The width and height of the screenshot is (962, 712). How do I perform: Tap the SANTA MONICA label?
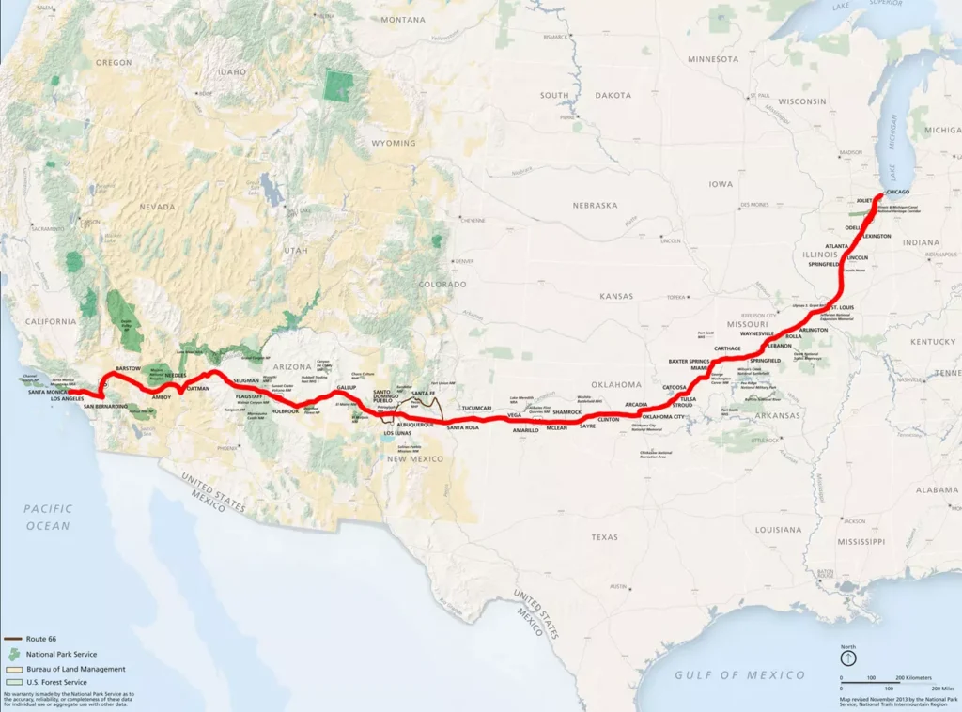pos(51,392)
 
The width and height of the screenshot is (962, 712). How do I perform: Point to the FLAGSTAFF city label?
pos(249,396)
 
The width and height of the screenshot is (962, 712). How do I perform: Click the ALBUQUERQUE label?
pos(414,425)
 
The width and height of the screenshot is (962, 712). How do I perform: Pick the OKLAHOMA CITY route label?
pos(663,416)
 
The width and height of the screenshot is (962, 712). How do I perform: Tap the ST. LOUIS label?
pos(841,306)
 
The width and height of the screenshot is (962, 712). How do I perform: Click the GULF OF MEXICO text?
pos(740,675)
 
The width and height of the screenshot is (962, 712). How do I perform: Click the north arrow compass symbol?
pos(847,660)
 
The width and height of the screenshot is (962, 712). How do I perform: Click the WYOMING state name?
pos(393,143)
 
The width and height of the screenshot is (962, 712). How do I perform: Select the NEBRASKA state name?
pos(597,205)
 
